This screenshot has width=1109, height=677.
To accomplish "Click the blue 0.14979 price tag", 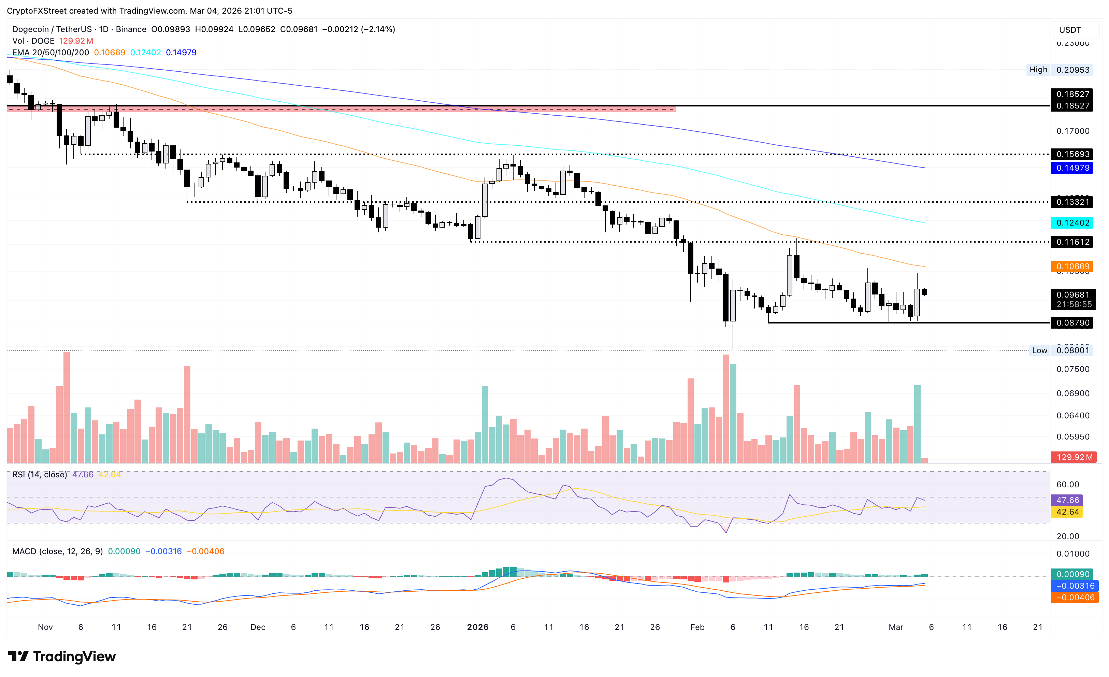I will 1072,168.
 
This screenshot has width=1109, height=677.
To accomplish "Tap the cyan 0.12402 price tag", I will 1072,223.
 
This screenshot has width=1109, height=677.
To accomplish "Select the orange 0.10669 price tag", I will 1072,267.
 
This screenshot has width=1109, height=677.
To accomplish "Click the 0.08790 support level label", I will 1072,323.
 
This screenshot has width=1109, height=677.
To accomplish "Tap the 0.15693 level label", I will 1072,154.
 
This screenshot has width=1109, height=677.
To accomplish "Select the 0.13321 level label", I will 1072,202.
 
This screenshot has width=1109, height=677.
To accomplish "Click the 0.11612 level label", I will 1072,242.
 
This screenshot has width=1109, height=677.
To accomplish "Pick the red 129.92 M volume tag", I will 1074,457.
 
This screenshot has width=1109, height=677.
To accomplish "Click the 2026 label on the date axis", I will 477,627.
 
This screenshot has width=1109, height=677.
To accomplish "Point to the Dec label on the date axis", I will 258,627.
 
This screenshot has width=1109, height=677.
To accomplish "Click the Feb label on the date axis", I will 697,627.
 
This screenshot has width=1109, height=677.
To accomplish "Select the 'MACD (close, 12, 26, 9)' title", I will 58,551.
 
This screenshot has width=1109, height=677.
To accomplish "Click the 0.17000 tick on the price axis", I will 1072,131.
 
